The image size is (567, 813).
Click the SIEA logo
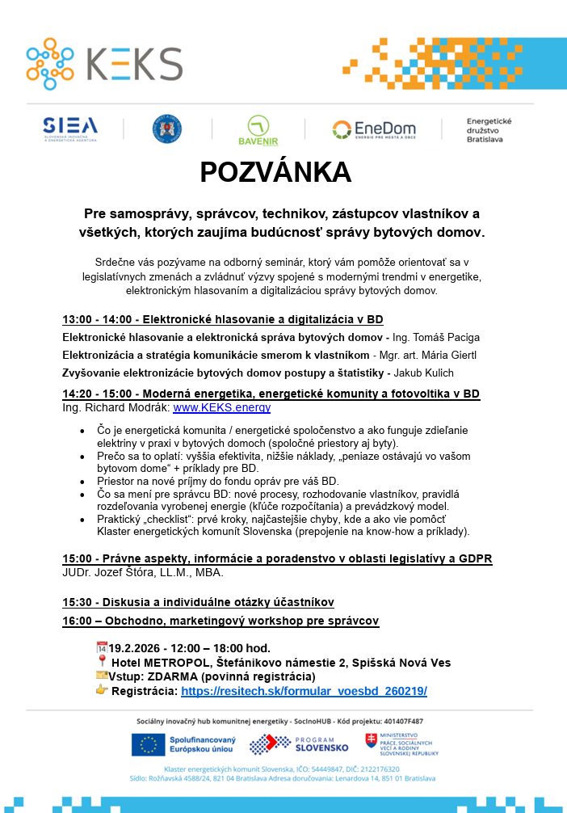(x=70, y=128)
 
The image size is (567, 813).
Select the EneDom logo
(x=373, y=129)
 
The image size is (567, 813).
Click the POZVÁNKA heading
(x=275, y=173)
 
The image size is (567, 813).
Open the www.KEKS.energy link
(x=221, y=408)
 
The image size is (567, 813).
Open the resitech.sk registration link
(x=304, y=691)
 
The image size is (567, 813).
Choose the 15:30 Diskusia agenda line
(x=198, y=602)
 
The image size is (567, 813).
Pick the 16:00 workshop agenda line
(x=220, y=621)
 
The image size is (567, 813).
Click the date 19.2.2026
(x=138, y=648)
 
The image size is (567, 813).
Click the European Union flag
(x=148, y=744)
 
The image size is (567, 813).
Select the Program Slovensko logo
(x=299, y=744)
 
